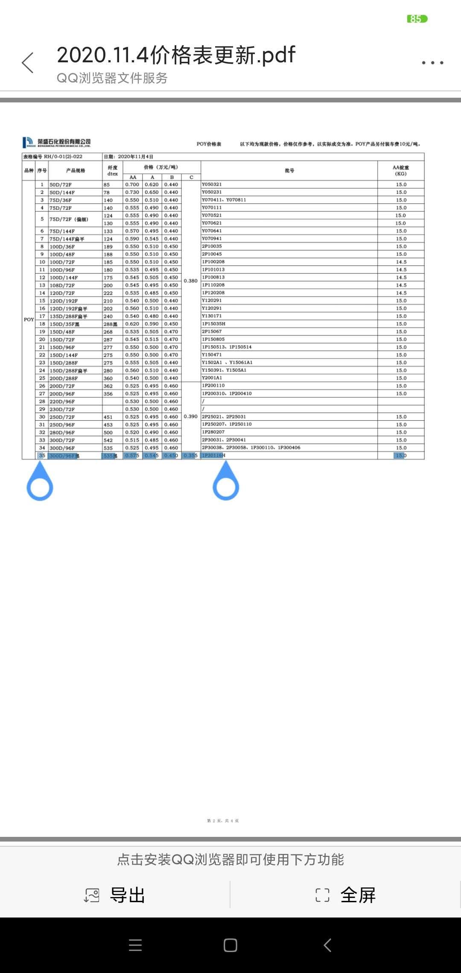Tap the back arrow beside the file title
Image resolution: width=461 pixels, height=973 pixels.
tap(28, 63)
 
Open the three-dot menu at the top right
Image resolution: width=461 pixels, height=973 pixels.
tap(432, 63)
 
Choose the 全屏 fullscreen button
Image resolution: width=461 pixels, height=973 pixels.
tap(346, 895)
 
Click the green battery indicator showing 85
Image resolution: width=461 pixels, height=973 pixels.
tap(417, 19)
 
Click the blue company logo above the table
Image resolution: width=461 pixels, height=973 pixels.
tap(28, 142)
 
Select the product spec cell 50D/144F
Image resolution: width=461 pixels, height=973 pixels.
tap(62, 192)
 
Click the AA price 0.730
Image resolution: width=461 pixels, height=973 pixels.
tap(132, 192)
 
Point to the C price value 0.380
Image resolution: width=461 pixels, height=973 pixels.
tap(191, 281)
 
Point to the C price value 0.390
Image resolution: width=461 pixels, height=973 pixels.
tap(191, 417)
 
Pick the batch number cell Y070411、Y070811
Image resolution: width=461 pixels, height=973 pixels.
tap(224, 200)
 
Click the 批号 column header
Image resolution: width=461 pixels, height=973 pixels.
tap(289, 171)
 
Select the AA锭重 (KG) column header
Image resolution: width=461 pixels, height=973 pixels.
tap(401, 171)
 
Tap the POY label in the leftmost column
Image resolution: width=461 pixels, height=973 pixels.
tap(29, 319)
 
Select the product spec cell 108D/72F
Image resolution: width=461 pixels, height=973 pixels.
tap(62, 285)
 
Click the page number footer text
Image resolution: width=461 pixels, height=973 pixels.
tap(223, 820)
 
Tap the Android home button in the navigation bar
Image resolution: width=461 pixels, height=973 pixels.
tap(230, 945)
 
